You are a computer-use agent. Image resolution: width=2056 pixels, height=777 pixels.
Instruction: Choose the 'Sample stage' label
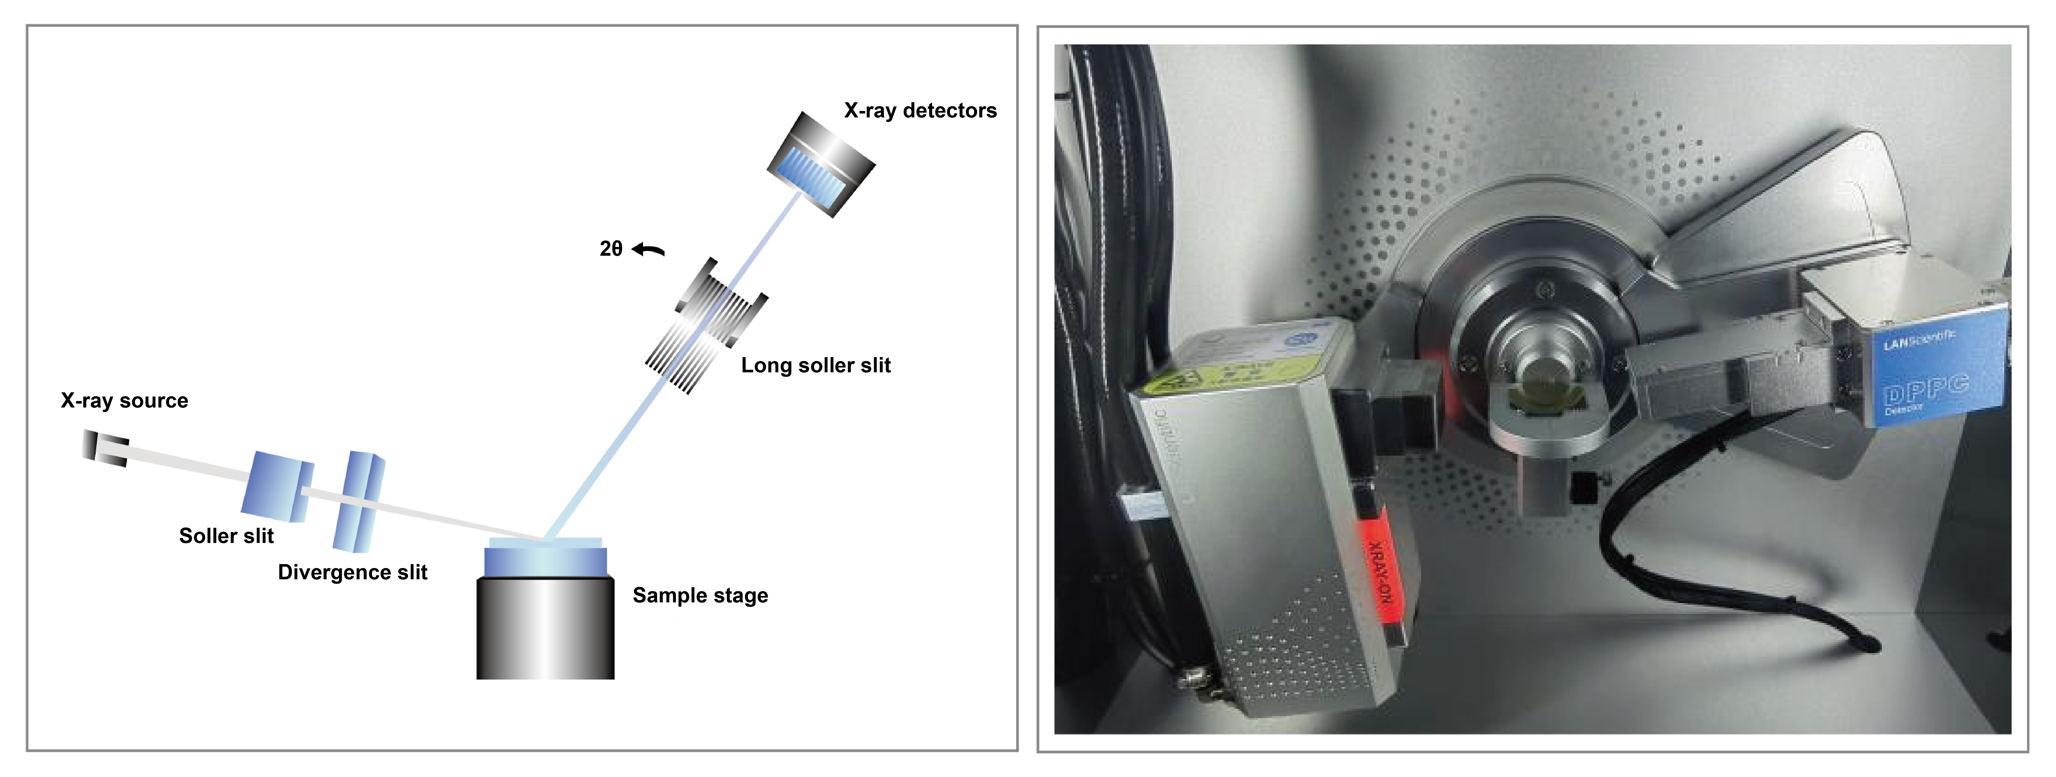pyautogui.click(x=700, y=596)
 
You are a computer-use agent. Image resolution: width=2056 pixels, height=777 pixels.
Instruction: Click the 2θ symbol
pyautogui.click(x=611, y=249)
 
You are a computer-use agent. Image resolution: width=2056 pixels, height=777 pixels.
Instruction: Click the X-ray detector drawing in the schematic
pyautogui.click(x=821, y=164)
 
